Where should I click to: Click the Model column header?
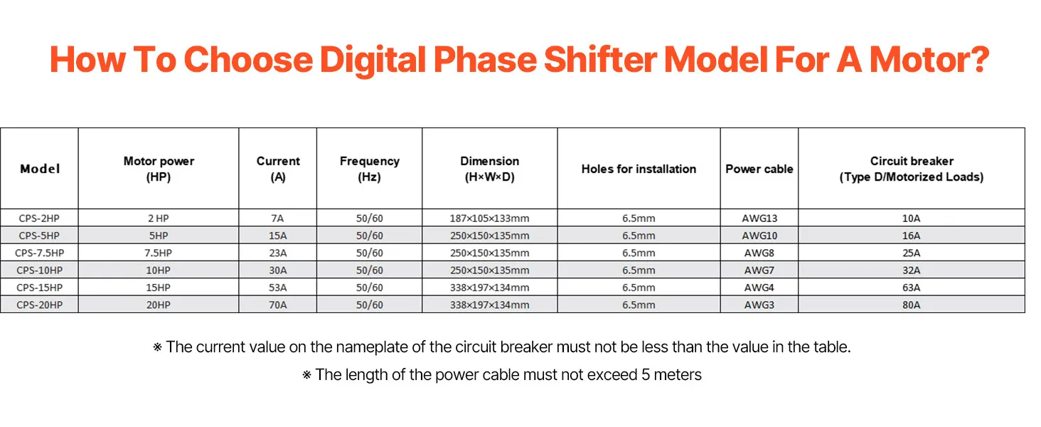(x=40, y=169)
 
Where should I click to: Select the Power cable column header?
(x=759, y=169)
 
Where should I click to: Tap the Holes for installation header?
(x=639, y=169)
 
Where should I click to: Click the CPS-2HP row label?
(x=39, y=218)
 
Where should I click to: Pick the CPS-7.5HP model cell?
(x=39, y=253)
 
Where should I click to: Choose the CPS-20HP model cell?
(x=39, y=305)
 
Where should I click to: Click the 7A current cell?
(x=277, y=218)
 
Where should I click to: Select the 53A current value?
(x=277, y=288)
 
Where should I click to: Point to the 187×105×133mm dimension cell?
(x=489, y=218)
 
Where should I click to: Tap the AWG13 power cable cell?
(x=759, y=218)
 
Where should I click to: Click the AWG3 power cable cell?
(x=759, y=305)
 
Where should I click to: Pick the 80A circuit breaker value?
(x=912, y=305)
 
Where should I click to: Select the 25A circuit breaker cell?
(x=912, y=253)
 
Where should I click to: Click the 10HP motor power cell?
(x=158, y=270)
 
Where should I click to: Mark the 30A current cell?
(x=277, y=270)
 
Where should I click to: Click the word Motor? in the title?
(x=929, y=60)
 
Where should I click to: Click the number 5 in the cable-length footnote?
(x=646, y=375)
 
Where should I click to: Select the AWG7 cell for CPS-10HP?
(x=759, y=270)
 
